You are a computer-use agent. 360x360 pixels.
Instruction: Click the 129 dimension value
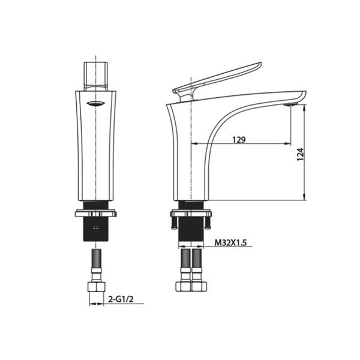click(x=239, y=140)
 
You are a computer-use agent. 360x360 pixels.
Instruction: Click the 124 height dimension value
click(x=301, y=155)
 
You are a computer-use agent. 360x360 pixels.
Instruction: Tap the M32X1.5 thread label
click(x=230, y=242)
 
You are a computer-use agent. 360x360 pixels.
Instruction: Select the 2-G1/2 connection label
click(x=121, y=299)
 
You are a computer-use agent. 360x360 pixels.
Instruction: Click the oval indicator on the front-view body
click(x=96, y=104)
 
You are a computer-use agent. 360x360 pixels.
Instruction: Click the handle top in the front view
click(x=96, y=76)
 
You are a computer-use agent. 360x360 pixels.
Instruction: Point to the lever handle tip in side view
click(x=260, y=64)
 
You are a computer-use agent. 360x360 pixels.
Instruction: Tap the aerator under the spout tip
click(x=290, y=104)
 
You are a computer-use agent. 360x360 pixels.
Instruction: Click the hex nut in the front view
click(x=97, y=287)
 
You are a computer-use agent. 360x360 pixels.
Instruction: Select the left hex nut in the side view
click(x=184, y=287)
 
